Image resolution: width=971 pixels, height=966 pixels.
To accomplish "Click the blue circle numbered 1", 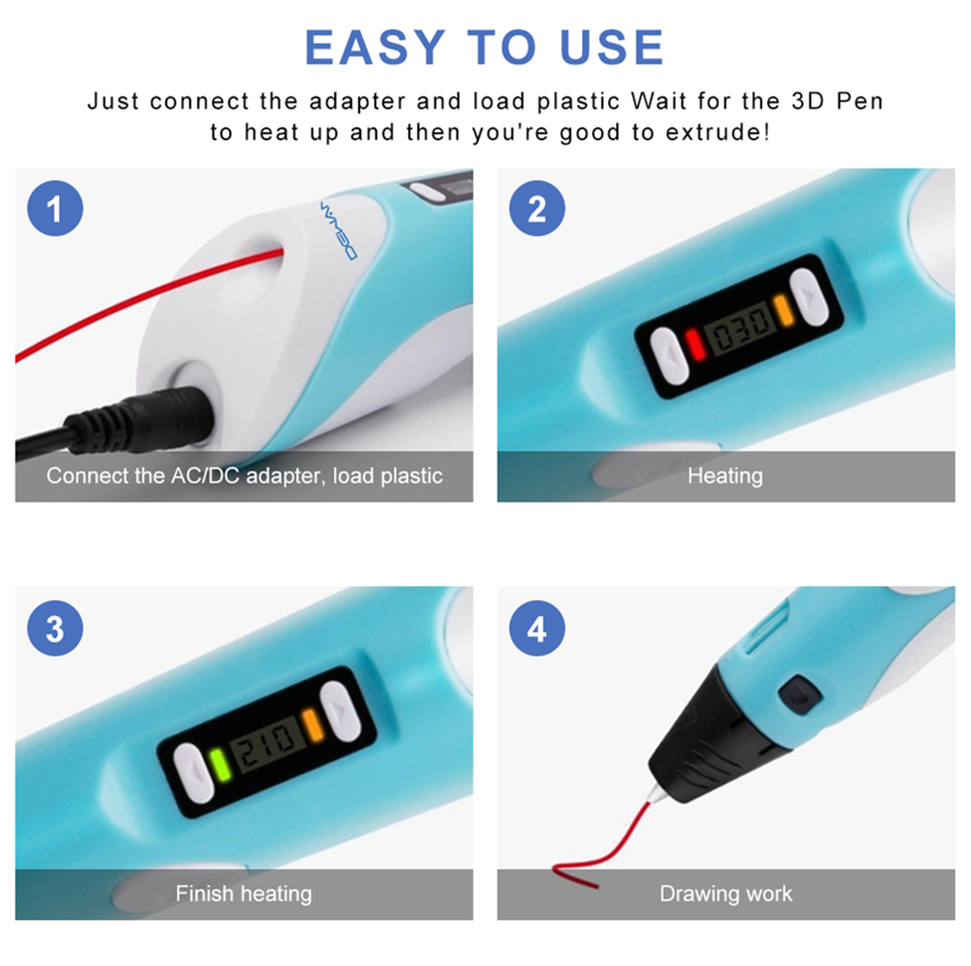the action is (55, 208).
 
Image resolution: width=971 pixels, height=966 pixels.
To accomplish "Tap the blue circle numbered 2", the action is (537, 208).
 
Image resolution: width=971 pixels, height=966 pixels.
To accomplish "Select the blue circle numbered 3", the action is (55, 628).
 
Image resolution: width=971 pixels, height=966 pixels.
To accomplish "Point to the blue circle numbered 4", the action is (537, 628).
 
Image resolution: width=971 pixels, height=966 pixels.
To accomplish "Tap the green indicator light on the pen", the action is (219, 765).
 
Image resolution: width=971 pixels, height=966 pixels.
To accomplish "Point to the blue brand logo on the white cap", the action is (338, 231).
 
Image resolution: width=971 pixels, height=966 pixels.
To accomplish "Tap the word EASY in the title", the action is (375, 47).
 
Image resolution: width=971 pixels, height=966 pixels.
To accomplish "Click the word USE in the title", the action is (612, 47).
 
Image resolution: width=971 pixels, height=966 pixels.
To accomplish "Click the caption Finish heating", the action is (244, 894).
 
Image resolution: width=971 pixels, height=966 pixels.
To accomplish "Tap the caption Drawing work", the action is (726, 894).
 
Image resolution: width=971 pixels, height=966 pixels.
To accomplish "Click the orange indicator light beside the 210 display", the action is (314, 725).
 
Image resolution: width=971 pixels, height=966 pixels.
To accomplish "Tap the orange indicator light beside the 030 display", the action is (783, 310).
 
